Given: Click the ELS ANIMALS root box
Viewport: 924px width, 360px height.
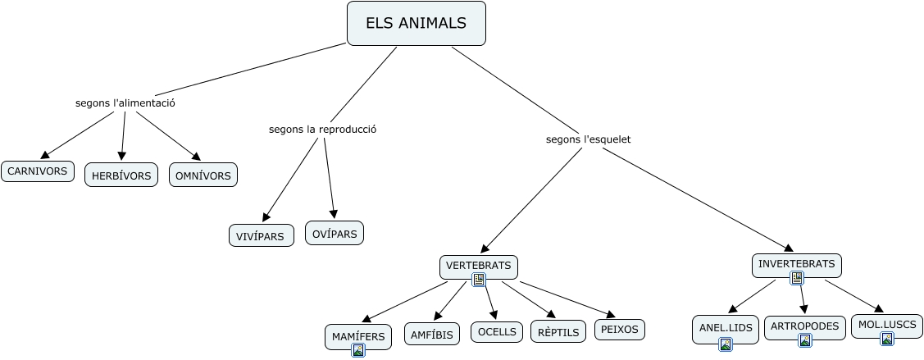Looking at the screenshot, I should (416, 24).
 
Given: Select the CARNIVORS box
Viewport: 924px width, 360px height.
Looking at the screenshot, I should (38, 171).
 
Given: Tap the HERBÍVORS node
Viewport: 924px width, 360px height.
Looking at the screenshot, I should (121, 175).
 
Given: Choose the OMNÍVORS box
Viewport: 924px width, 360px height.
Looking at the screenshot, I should (203, 175).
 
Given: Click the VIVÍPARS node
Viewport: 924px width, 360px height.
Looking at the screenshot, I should (261, 236).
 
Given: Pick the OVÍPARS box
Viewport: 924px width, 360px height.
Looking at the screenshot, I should (335, 233).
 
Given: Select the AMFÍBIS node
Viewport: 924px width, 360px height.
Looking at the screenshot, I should (432, 335).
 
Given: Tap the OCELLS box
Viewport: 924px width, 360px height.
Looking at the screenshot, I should (497, 331).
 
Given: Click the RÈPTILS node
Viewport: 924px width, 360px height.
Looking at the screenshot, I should (558, 332).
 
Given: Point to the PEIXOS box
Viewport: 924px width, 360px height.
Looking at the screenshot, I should (619, 330).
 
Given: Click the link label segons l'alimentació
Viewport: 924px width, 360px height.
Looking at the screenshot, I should (125, 103).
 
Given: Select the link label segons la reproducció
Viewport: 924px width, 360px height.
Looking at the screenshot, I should (322, 129).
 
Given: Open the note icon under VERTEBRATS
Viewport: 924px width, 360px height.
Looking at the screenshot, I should (479, 280).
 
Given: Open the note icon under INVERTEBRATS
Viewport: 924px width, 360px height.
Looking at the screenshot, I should (796, 278).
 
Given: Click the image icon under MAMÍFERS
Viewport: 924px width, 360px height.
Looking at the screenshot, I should (357, 350).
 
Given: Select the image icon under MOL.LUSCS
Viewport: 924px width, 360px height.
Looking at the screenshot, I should (886, 339).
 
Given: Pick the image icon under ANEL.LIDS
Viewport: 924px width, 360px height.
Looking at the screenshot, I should (725, 344).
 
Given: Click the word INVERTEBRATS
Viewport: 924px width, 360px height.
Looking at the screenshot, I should (796, 264).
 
